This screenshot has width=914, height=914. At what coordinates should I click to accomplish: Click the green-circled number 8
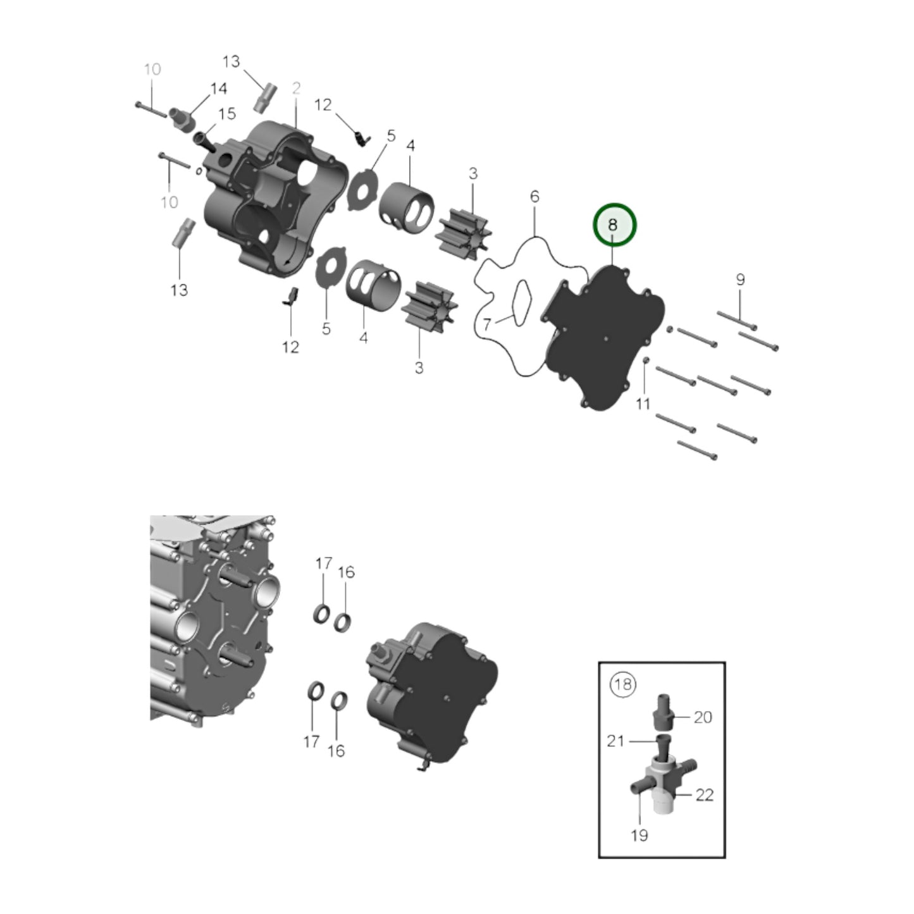(x=614, y=225)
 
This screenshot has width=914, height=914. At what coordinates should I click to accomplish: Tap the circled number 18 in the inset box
(x=622, y=684)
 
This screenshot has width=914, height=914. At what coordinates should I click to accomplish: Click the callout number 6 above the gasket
(x=534, y=197)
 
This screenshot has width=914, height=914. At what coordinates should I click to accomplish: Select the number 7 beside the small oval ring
(x=487, y=324)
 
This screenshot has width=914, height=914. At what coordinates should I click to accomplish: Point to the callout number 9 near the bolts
(x=740, y=279)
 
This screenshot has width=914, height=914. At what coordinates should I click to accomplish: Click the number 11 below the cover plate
(x=643, y=404)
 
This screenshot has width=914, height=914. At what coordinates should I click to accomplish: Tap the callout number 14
(x=218, y=89)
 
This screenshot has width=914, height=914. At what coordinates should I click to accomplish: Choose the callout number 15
(x=226, y=114)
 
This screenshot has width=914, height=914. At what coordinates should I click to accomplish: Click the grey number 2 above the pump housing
(x=296, y=89)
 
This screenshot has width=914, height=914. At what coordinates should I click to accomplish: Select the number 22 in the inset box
(x=704, y=795)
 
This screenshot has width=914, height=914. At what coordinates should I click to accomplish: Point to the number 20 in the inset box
(x=703, y=717)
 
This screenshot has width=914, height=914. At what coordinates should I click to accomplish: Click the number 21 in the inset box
(x=615, y=741)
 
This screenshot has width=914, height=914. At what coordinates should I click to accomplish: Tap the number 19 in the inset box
(x=639, y=835)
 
